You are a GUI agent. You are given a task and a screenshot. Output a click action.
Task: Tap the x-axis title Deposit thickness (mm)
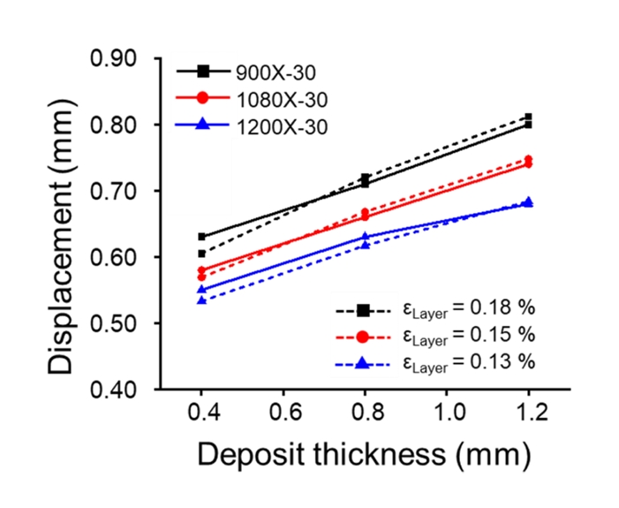(x=364, y=455)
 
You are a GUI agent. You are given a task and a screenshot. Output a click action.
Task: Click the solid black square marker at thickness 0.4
(x=202, y=237)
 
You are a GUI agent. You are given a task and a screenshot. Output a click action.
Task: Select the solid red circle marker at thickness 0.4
(x=202, y=269)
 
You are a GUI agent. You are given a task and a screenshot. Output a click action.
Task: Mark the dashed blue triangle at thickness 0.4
(x=202, y=300)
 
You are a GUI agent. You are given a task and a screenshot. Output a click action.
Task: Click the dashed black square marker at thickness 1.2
(x=528, y=117)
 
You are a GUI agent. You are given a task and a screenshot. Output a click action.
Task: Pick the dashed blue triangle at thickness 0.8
(x=365, y=245)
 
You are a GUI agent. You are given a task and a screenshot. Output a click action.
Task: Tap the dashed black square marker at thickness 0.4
(x=202, y=254)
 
